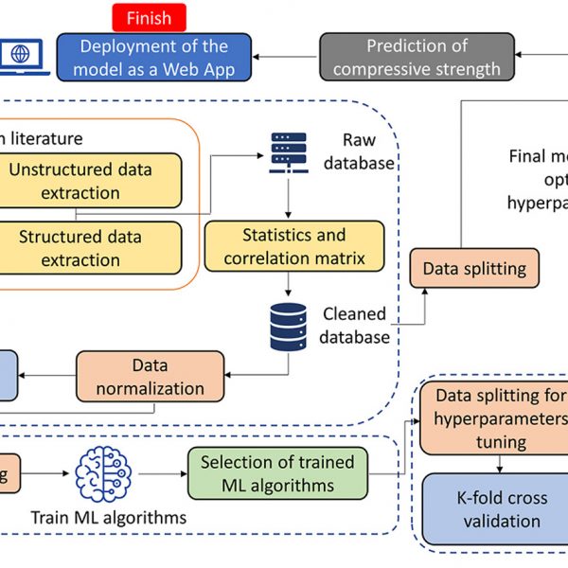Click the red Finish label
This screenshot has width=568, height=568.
149,17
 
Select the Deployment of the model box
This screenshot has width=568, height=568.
153,57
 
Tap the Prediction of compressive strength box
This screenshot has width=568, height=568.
417,57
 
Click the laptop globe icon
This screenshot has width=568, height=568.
20,56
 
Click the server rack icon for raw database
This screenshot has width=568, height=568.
287,151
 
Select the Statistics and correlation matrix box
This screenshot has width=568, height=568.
293,245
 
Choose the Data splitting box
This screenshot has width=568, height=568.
473,269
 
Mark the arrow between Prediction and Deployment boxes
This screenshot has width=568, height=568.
287,57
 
